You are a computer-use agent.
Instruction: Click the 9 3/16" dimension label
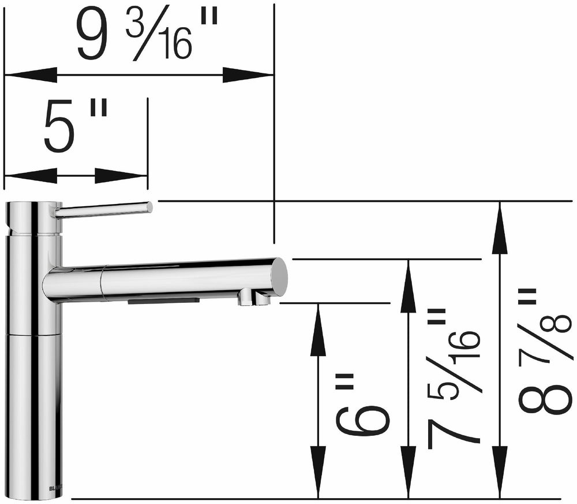click(147, 36)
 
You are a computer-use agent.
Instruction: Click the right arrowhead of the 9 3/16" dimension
click(248, 75)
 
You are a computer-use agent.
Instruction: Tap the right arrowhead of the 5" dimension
click(122, 176)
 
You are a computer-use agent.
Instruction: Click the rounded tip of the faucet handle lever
click(149, 207)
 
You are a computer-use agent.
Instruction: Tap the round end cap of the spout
click(280, 277)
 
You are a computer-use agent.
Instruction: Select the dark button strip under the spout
click(164, 301)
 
